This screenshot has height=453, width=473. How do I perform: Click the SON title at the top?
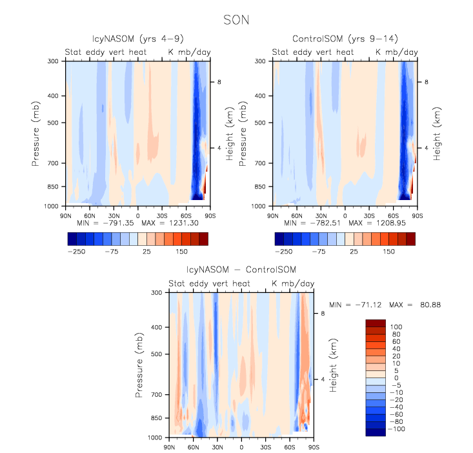[236, 20]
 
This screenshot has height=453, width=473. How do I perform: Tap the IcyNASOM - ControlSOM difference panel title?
[241, 269]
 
